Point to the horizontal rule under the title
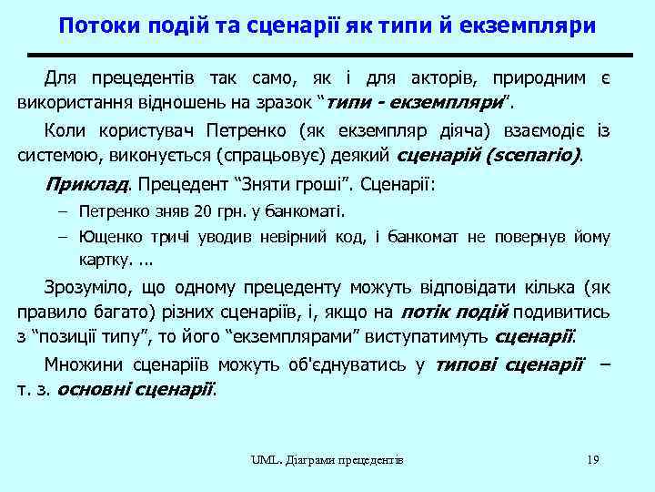327,55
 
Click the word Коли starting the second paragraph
65,133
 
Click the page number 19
592,460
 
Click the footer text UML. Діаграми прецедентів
327,460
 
